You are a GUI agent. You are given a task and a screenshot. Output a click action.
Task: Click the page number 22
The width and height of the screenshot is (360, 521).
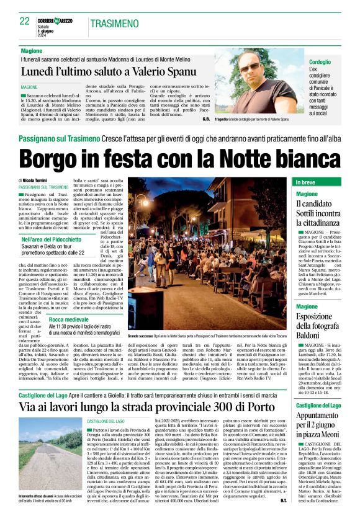point(25,22)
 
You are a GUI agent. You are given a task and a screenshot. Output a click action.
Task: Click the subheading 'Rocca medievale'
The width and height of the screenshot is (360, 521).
point(68,319)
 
